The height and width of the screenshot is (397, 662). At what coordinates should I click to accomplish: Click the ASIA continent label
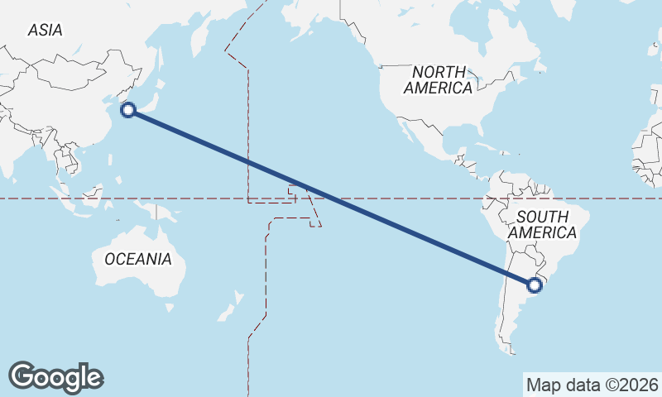point(45,30)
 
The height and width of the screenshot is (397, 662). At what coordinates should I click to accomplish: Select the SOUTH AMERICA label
point(542,224)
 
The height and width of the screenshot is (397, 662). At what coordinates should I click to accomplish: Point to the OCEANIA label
point(138,259)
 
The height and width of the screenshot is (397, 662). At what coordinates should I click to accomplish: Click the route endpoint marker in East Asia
point(128,110)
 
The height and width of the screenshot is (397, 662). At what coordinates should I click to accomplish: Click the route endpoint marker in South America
point(535,285)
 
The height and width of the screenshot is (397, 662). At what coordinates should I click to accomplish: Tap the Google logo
point(55,376)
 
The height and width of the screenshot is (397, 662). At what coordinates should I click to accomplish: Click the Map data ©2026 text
point(592,385)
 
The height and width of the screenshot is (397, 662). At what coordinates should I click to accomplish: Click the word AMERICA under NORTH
point(439,88)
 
